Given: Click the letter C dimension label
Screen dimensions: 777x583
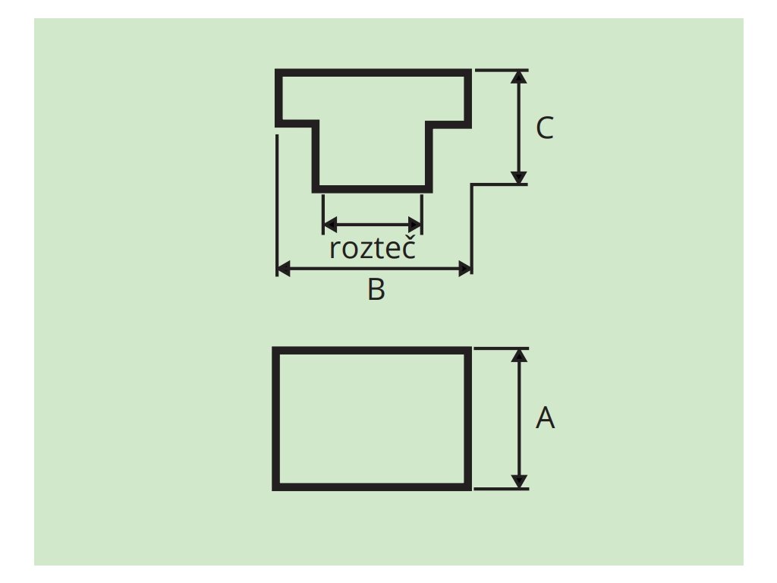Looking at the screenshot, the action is [x=545, y=129].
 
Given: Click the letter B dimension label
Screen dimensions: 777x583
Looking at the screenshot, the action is [x=376, y=290].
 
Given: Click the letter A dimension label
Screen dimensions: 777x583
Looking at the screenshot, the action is [x=545, y=418].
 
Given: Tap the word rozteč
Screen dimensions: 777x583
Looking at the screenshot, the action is [x=373, y=248].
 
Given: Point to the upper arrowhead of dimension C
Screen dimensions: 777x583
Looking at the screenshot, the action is [x=519, y=77].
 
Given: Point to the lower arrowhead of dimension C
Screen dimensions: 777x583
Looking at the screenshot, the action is [x=519, y=178].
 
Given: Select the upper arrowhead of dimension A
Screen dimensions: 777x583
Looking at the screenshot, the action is [x=519, y=355].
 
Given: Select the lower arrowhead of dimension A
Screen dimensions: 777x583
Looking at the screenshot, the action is [x=519, y=481].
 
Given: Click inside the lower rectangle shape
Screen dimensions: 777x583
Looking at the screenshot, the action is [x=372, y=419].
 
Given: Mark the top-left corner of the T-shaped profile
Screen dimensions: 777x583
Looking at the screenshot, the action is [x=278, y=72].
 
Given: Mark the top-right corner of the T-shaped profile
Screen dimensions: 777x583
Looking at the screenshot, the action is [x=470, y=72].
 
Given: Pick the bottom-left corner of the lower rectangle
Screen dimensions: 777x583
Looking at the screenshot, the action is [x=275, y=488].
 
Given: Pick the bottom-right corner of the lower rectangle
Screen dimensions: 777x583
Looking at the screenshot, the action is [x=469, y=488].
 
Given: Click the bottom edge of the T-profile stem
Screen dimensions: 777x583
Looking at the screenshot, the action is [x=373, y=189].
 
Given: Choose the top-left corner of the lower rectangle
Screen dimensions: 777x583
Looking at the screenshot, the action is [x=275, y=350].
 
